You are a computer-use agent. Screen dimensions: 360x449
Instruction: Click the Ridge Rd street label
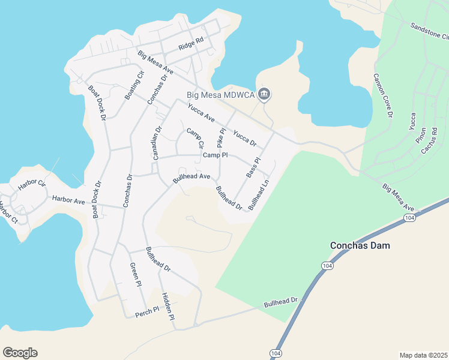tap(191, 44)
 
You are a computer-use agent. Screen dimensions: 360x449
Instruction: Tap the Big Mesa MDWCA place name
tap(220, 95)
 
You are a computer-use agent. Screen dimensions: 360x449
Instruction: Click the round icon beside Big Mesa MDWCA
tap(264, 94)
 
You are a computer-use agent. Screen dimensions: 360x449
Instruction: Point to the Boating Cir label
tap(134, 85)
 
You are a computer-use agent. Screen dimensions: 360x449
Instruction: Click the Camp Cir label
tap(195, 138)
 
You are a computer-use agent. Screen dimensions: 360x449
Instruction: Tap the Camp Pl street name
tap(215, 155)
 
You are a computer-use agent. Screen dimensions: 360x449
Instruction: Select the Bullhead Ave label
tap(191, 177)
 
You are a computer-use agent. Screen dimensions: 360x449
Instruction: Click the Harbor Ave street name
tap(68, 200)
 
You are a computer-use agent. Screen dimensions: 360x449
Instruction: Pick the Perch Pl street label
tap(146, 311)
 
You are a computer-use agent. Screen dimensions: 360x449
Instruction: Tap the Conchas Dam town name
tap(360, 245)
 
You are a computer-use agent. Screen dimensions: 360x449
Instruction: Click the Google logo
tap(20, 353)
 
